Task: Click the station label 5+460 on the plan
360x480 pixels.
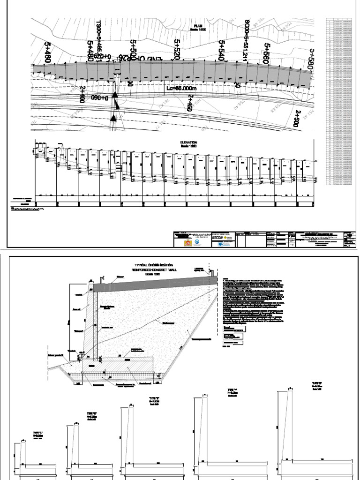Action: coord(47,52)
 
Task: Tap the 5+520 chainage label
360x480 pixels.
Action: coord(177,50)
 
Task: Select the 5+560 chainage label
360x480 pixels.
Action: coord(267,52)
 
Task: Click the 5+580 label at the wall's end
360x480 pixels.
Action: coord(310,59)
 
